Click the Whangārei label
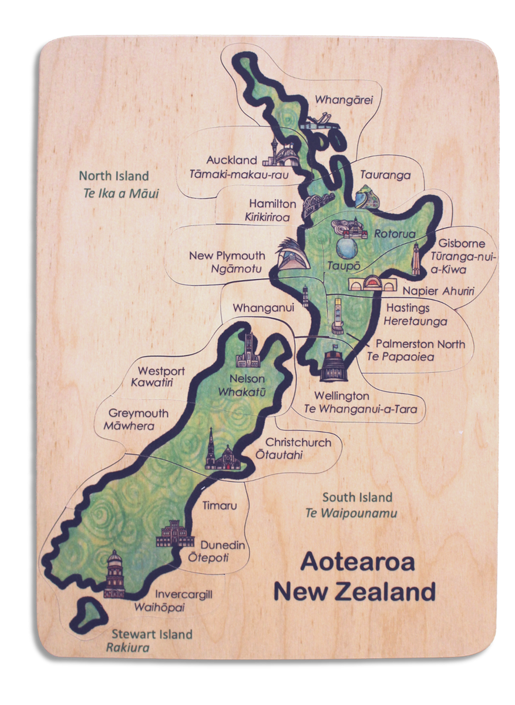coord(344,100)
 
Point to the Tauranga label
coord(385,175)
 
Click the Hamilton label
coord(272,204)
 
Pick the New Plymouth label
coord(227,256)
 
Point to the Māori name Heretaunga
coord(415,321)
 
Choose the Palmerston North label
coord(420,344)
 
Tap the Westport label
coord(161,371)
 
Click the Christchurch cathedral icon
coord(219,452)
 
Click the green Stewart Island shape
coord(89,613)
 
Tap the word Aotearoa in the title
coord(357,562)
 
